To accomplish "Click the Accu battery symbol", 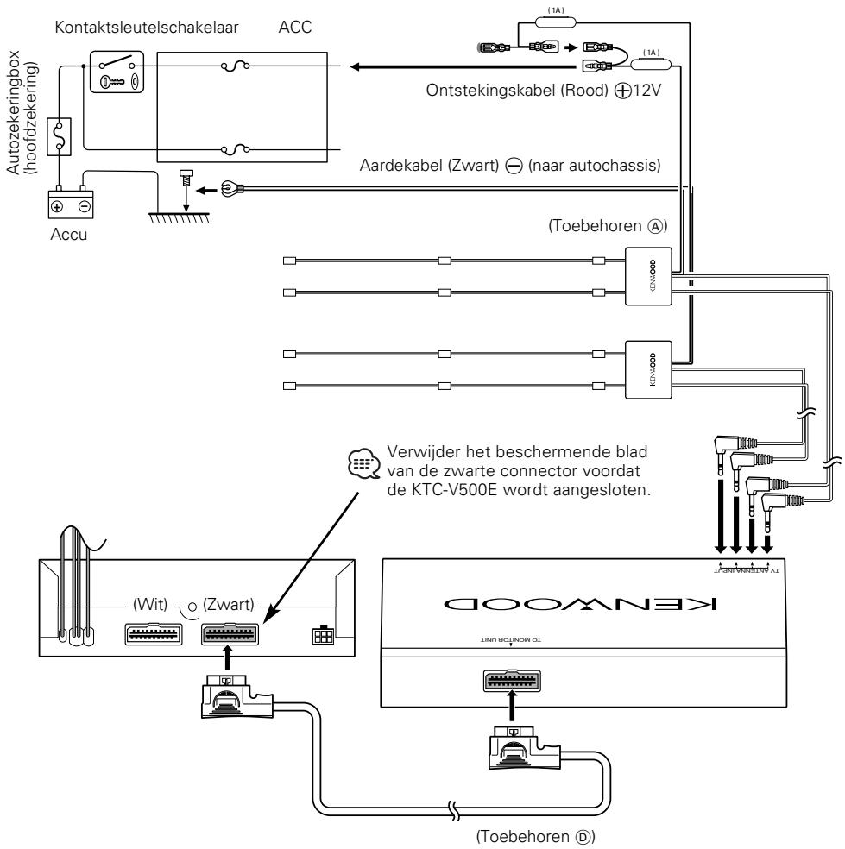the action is (x=71, y=204).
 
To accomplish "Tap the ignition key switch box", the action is (x=117, y=72).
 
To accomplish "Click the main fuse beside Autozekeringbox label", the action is (x=59, y=136).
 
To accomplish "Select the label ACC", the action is (x=294, y=27).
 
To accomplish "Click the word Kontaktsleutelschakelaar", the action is (x=146, y=27).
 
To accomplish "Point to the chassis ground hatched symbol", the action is (x=180, y=217).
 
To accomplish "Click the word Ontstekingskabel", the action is (x=491, y=90).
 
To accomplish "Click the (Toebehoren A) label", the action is (x=607, y=225).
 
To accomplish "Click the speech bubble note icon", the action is (x=363, y=463).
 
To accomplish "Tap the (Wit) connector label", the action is (x=150, y=604).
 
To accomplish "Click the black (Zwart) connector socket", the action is (x=230, y=634).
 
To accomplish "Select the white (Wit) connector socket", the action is (x=154, y=634).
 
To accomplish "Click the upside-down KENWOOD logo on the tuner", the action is (x=580, y=603).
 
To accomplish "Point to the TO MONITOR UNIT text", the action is (x=511, y=640).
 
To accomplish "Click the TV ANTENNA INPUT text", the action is (x=747, y=570).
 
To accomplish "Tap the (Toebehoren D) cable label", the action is (x=535, y=837).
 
